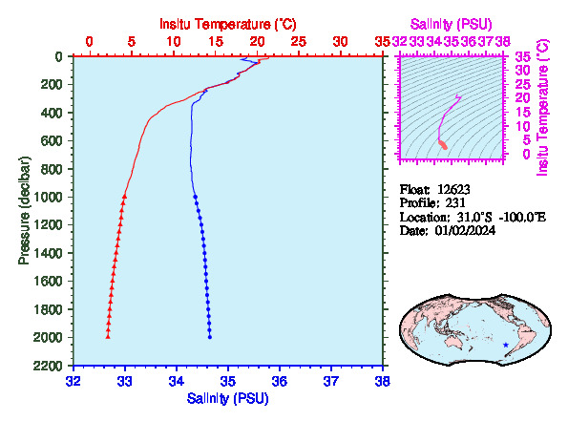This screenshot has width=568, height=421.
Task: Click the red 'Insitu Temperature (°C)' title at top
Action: pos(228,24)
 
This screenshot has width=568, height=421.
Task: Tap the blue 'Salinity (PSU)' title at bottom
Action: pos(228,398)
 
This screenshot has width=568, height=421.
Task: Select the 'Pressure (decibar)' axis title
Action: pos(24,210)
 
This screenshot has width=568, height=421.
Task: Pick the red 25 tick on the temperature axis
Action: pos(299,42)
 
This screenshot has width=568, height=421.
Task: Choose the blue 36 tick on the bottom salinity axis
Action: pos(280,381)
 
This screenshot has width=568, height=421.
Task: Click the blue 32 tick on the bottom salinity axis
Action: pos(74,381)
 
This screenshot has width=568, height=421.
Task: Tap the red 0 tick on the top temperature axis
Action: pos(90,42)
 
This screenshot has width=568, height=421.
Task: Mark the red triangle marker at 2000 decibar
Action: pos(108,337)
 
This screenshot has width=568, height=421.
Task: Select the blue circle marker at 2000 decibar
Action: pos(210,337)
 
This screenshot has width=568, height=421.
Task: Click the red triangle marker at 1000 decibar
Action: pos(124,196)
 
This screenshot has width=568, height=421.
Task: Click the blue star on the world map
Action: pos(506,345)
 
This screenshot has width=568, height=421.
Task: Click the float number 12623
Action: pos(453,189)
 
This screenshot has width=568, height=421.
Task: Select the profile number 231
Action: pos(455,202)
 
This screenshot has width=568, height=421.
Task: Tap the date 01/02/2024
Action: pos(465,230)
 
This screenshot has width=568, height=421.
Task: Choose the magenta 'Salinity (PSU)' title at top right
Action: pos(451,24)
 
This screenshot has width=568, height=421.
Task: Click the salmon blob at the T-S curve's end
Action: pos(443,144)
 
